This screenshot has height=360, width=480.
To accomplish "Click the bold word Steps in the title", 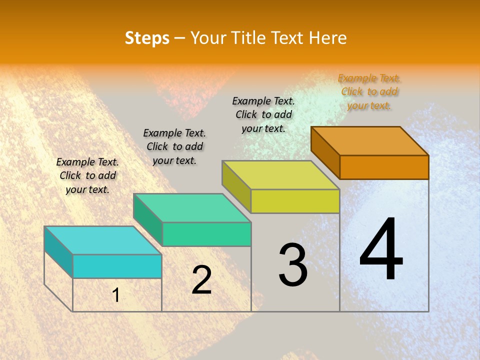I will point(147,38).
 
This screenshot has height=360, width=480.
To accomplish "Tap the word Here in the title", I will point(328,38).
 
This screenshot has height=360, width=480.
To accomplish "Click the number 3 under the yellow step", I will point(293,265).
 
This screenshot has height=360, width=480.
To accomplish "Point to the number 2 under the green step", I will point(202,280).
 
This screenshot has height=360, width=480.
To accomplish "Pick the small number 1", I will point(116,295).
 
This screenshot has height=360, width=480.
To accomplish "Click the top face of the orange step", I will point(370,140).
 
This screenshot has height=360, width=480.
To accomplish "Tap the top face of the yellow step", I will point(281,175).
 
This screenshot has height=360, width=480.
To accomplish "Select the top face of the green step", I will point(192,208).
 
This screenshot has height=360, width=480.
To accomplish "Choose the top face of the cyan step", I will point(103,240).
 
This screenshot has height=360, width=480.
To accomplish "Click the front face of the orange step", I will point(384,167).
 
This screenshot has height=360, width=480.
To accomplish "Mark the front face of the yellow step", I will point(295,201).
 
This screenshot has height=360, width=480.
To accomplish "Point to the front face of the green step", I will point(206,234).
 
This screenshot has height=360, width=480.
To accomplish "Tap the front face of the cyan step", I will point(117,266).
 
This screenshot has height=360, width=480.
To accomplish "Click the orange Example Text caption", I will point(369,91).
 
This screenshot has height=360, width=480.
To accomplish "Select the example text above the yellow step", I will point(264,114).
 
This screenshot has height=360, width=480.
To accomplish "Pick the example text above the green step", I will point(174,146).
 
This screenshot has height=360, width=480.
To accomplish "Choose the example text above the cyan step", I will point(87,175).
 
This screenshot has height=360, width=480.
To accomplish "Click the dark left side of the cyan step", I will point(58,251).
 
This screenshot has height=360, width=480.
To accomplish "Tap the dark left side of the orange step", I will point(325,152).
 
